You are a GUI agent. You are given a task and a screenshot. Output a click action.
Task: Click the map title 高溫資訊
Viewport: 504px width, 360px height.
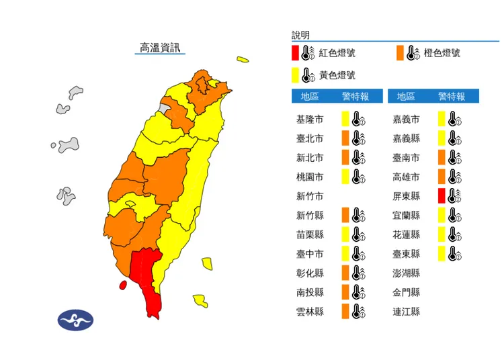[159, 48]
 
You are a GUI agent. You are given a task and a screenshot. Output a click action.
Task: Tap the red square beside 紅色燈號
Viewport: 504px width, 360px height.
[295, 53]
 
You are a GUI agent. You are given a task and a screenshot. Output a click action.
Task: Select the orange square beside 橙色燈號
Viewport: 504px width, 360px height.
[400, 53]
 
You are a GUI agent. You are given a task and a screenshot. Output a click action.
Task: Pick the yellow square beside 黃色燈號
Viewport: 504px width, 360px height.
[295, 75]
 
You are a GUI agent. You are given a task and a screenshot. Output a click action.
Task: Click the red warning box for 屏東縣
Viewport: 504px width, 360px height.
[442, 196]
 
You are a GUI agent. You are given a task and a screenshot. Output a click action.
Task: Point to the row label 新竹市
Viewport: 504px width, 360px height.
[310, 197]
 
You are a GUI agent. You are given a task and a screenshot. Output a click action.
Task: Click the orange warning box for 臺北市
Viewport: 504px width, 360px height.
[345, 139]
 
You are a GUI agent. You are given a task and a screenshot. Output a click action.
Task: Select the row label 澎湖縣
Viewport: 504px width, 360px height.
[406, 273]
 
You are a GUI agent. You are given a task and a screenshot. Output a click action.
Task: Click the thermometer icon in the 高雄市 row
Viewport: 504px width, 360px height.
[455, 177]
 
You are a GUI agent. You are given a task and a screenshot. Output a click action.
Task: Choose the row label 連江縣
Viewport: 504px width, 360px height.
[406, 312]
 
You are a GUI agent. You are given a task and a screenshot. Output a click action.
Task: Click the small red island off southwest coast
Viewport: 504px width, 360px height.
[123, 285]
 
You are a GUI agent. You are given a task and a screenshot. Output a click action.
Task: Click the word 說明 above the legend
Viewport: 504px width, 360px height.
[300, 35]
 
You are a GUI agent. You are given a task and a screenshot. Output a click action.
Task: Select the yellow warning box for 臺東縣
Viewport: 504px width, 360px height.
[442, 254]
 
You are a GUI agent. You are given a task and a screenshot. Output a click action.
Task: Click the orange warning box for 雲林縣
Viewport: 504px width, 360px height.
[345, 312]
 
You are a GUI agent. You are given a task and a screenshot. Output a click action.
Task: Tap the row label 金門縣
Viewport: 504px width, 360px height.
[406, 293]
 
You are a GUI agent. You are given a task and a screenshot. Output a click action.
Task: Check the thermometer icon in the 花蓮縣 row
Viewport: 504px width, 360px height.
[455, 235]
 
